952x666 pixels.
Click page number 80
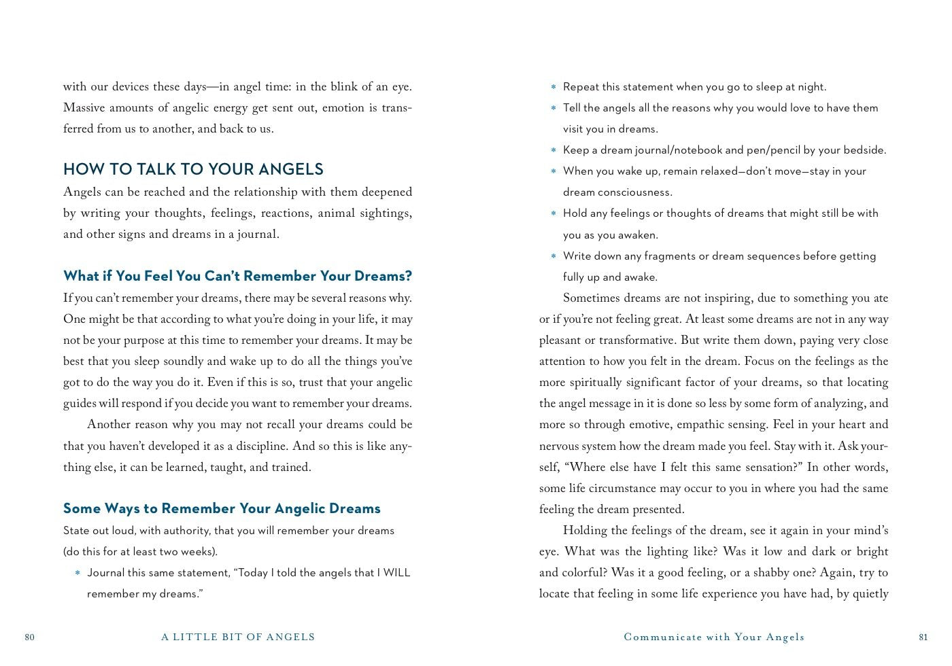[x=29, y=637]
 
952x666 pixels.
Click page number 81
[x=923, y=637]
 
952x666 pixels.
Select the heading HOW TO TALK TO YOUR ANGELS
[x=193, y=169]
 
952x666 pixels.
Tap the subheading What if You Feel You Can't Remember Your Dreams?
[x=237, y=276]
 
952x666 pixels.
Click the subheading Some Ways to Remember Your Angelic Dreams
[x=222, y=508]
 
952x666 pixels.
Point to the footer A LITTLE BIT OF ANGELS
[x=238, y=637]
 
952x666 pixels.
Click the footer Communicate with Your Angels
[x=714, y=637]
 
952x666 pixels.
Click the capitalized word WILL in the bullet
[x=396, y=573]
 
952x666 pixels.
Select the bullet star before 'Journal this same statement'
[x=78, y=574]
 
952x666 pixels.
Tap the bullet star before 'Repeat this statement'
[x=554, y=88]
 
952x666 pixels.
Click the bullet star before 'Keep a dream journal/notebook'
[x=554, y=151]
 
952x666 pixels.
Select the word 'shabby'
[x=797, y=573]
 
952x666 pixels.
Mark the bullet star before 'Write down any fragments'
[x=554, y=257]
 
